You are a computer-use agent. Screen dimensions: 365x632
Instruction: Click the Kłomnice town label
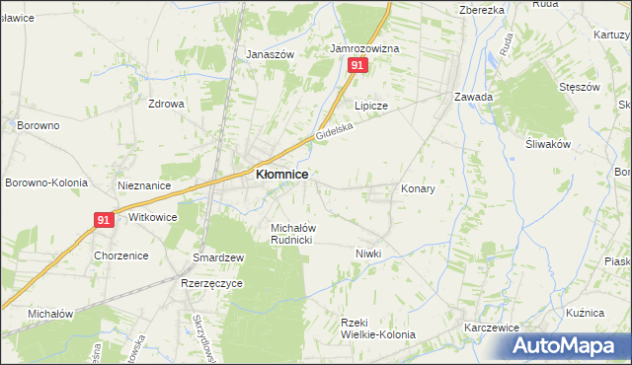(x=281, y=174)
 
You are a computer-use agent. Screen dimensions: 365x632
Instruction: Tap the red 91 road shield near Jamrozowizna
(x=357, y=65)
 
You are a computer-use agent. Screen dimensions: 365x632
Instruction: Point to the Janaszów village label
(x=271, y=55)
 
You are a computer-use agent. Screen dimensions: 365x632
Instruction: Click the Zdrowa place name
(x=166, y=103)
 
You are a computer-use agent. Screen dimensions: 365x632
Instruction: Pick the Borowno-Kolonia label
(x=46, y=183)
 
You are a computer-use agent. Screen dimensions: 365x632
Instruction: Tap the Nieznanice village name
(x=144, y=185)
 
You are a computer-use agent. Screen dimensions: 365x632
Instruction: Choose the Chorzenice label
(x=120, y=255)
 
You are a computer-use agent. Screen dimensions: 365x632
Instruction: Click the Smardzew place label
(x=218, y=257)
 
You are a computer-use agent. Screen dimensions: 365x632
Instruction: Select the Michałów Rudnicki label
(x=292, y=234)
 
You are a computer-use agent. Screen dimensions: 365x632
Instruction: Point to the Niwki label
(x=368, y=254)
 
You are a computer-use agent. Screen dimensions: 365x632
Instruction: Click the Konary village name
(x=418, y=187)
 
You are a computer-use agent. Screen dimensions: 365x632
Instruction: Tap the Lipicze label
(x=371, y=105)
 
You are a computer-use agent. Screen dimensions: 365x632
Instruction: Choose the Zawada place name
(x=473, y=97)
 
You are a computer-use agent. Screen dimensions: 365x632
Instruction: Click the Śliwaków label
(x=549, y=144)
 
